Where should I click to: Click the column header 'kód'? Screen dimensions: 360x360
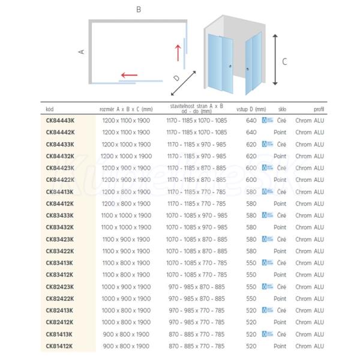click(50, 109)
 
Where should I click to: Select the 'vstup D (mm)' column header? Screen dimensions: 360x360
click(251, 109)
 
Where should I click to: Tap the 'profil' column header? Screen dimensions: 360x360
click(319, 109)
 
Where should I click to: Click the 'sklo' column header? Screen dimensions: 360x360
click(281, 109)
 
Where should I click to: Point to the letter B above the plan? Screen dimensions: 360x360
click(139, 10)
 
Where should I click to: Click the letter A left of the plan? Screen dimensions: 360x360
click(82, 52)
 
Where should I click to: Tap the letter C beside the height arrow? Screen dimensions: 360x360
click(284, 61)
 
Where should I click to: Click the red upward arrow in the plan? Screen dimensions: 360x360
click(178, 52)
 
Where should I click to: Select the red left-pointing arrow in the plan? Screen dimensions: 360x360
click(128, 76)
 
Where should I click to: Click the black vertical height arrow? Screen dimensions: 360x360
click(274, 59)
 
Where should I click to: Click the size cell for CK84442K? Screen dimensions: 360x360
click(126, 132)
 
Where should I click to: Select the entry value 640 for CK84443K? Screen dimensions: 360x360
click(251, 120)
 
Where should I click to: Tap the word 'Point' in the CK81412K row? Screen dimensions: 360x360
click(280, 346)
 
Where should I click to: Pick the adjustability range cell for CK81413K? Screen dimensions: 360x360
click(197, 334)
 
